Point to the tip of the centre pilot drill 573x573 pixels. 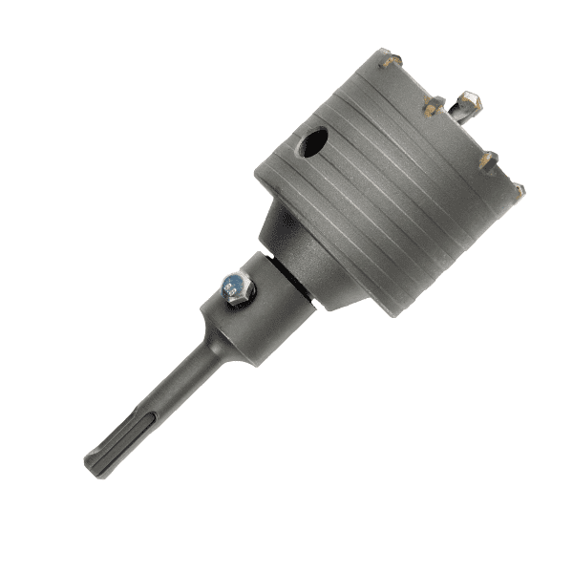(469, 97)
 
